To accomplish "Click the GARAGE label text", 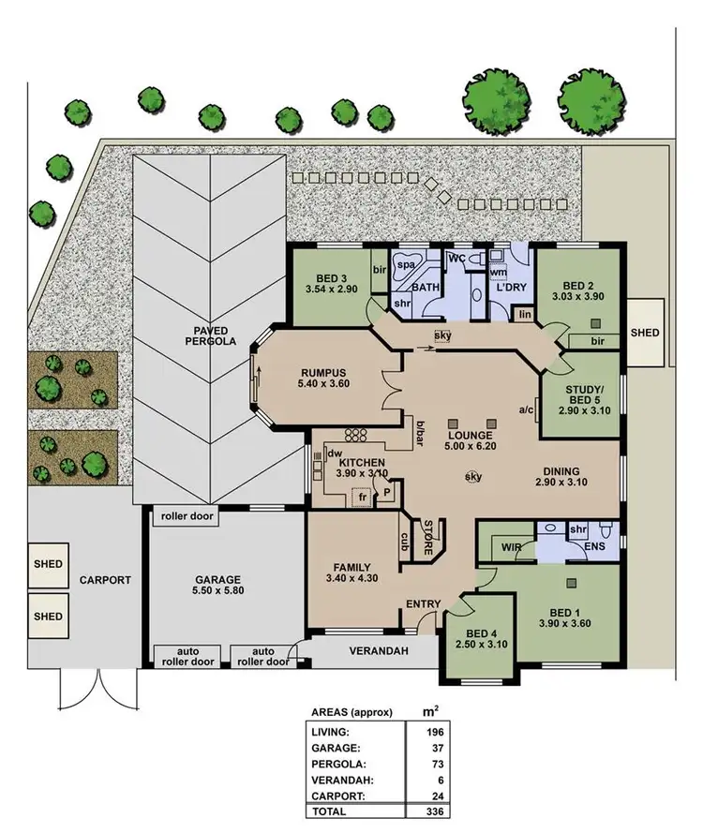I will (217, 580).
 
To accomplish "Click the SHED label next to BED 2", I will (645, 333).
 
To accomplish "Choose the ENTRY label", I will (422, 604).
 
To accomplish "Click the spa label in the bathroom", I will (407, 265).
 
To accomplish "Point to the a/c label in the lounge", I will (525, 409).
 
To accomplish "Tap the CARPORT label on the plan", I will (105, 580).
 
